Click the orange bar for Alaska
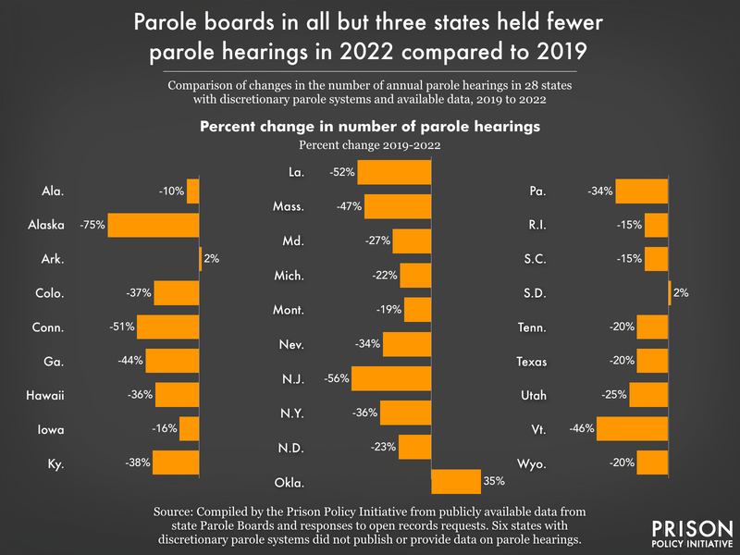click(154, 226)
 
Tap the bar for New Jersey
click(391, 378)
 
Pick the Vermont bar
click(632, 427)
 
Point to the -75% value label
click(92, 226)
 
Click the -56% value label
click(337, 378)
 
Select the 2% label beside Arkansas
click(212, 259)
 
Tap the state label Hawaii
click(45, 396)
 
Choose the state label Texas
click(532, 362)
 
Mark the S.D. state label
click(535, 294)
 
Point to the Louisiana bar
click(394, 172)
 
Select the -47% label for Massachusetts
click(350, 206)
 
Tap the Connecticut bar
click(168, 327)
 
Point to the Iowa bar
click(190, 429)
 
